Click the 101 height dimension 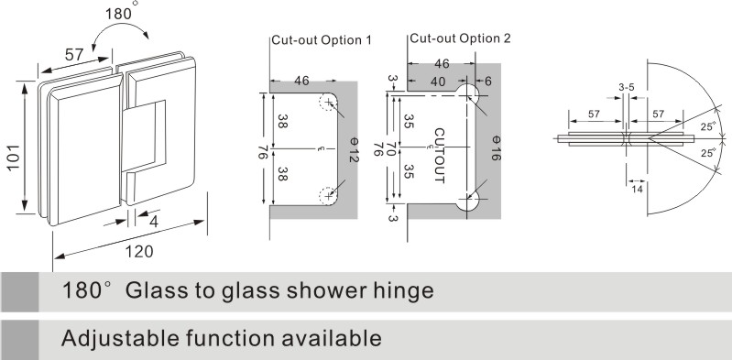tap(14, 158)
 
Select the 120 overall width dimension tap(138, 252)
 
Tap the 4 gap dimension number tap(153, 222)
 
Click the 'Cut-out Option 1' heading tap(322, 40)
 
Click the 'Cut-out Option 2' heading tap(460, 38)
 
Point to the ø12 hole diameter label tap(353, 149)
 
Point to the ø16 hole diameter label tap(496, 148)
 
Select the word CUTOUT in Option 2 tap(440, 156)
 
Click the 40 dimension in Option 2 tap(437, 82)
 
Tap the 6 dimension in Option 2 tap(488, 82)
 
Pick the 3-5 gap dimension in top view tap(626, 87)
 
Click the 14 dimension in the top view tap(637, 189)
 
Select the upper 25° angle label tap(708, 125)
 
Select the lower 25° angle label tap(708, 153)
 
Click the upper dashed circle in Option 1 tap(328, 103)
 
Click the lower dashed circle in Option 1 tap(328, 196)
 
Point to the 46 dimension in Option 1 tap(301, 81)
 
